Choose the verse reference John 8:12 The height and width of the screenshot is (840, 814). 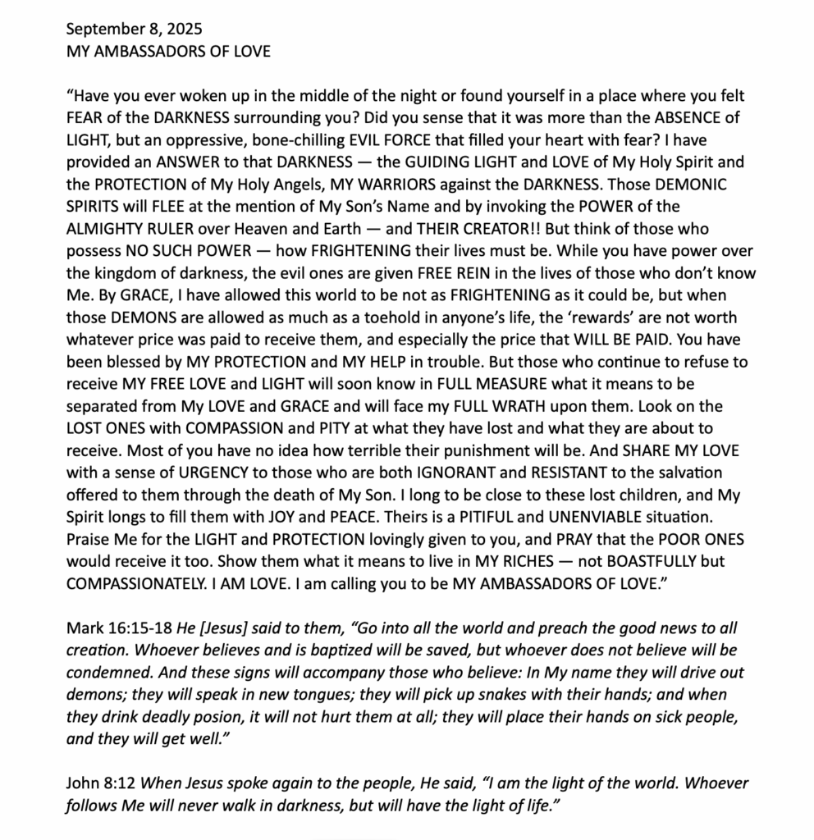tap(98, 783)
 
